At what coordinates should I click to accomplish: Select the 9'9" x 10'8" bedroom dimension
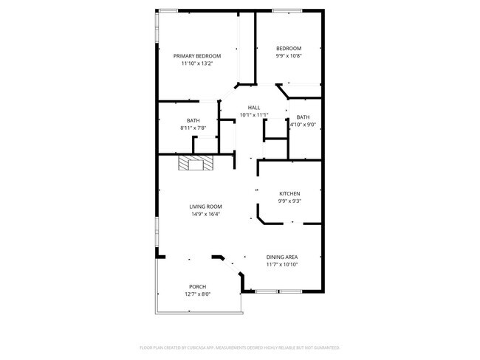click(289, 56)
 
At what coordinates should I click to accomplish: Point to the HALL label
click(253, 108)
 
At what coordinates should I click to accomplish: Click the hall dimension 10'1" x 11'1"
click(253, 115)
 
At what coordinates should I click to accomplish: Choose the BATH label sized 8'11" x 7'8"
click(193, 121)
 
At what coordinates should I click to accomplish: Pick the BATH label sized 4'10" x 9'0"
click(303, 117)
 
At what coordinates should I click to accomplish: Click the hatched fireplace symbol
click(195, 163)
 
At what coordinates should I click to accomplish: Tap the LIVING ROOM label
click(205, 207)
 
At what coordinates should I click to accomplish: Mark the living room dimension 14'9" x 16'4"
click(205, 214)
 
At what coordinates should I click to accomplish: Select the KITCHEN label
click(289, 193)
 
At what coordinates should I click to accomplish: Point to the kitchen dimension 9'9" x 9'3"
click(289, 201)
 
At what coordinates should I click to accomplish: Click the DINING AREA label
click(282, 257)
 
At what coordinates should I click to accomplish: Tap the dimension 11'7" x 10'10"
click(282, 264)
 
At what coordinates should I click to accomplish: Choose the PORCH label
click(197, 286)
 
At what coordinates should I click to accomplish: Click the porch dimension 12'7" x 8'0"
click(197, 294)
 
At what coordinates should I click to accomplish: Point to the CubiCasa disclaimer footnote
click(239, 347)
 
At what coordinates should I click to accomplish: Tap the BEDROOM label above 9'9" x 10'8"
click(289, 49)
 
